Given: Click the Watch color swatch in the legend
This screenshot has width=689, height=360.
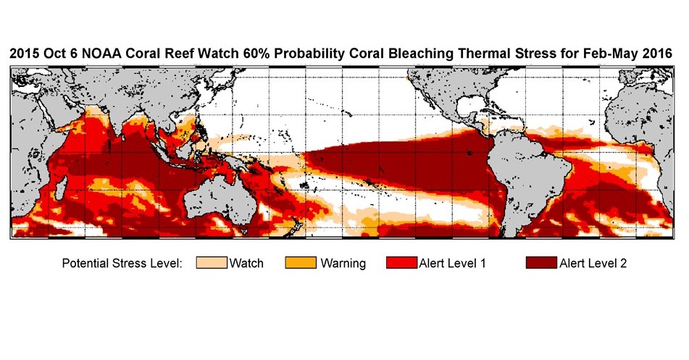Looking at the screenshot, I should point(212,263).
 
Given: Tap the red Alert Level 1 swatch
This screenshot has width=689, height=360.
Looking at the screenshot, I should point(402,263).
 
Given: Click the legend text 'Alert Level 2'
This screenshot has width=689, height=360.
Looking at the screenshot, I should point(593,264).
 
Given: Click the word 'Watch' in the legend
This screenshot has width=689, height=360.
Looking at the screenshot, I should point(246,264).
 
